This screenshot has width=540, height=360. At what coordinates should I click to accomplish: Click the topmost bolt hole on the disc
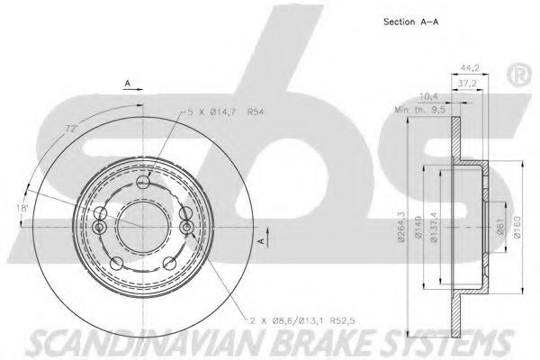143,184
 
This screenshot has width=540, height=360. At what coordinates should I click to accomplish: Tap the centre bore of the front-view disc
141,224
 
